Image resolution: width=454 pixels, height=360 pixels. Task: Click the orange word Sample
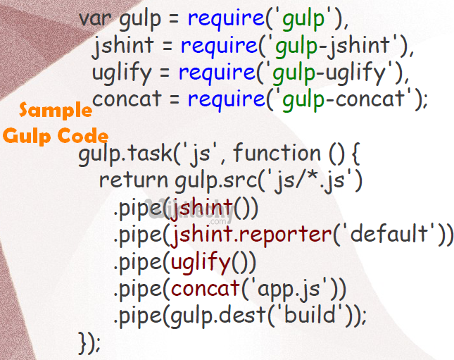pos(56,110)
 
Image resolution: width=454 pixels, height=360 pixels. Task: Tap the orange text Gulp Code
pos(56,135)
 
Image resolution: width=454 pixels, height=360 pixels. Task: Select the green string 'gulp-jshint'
pos(335,47)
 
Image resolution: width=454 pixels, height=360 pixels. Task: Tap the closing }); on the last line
pos(90,342)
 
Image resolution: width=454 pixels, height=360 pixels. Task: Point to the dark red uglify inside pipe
pos(200,261)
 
